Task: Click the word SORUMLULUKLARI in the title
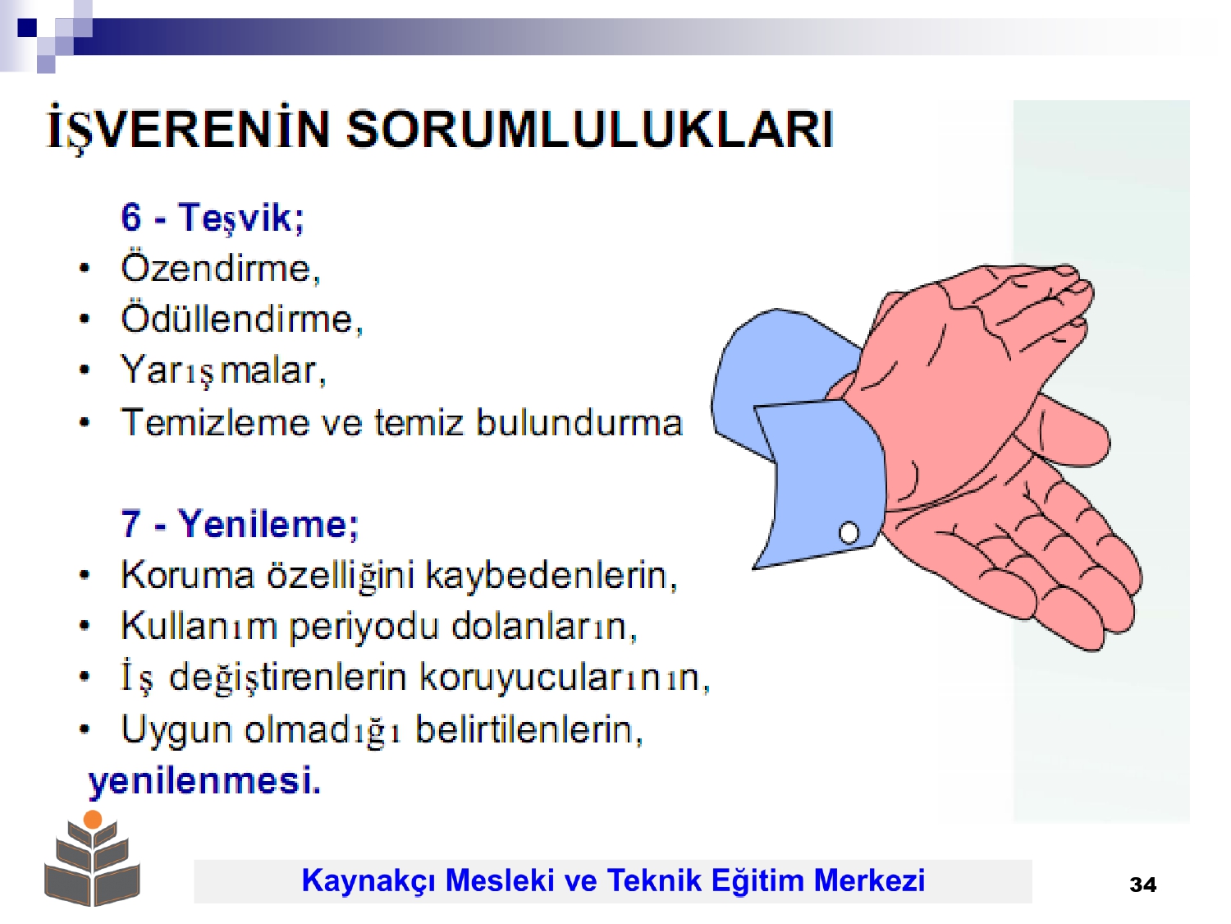(590, 130)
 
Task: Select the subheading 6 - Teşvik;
(213, 217)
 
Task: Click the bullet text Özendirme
(221, 268)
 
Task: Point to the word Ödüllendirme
(242, 319)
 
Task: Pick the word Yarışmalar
(223, 370)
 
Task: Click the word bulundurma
(579, 422)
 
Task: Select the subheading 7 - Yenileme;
(240, 523)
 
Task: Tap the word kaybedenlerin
(551, 575)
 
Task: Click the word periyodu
(364, 626)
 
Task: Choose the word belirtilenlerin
(529, 729)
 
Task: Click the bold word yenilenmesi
(204, 779)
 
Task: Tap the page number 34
(1142, 885)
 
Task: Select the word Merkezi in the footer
(869, 880)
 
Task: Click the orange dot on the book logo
(93, 820)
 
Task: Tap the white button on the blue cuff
(849, 532)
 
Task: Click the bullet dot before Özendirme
(85, 269)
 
